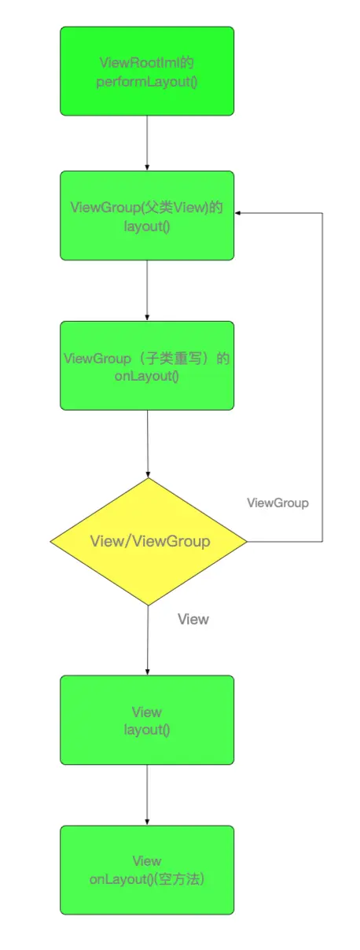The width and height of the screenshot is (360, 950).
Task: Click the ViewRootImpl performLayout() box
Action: point(147,72)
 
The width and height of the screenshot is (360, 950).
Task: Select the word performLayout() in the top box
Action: point(147,82)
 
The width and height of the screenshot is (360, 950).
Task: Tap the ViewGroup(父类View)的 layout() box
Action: point(147,215)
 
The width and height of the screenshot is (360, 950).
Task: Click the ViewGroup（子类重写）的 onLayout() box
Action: point(147,366)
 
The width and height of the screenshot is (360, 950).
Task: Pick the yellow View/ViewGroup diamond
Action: point(149,542)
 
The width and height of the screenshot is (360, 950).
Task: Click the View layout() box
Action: point(147,720)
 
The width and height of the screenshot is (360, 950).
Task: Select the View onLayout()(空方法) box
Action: point(147,870)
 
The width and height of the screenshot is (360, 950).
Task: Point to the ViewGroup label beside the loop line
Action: point(277,503)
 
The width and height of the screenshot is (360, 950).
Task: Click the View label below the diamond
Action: point(193,619)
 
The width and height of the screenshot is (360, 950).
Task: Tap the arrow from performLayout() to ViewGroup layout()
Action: point(147,143)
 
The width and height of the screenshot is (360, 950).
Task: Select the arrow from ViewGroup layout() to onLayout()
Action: point(147,290)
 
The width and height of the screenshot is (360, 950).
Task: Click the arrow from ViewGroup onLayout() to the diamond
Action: point(148,444)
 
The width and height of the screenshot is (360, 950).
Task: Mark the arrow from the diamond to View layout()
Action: point(148,640)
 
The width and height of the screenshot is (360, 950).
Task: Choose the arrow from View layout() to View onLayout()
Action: point(147,795)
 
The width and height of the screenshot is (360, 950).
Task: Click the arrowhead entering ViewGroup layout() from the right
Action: point(237,213)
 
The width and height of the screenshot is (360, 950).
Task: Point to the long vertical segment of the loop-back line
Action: point(322,377)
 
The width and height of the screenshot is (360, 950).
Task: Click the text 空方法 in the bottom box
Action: point(180,879)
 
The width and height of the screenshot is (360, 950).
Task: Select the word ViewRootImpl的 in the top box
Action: point(147,63)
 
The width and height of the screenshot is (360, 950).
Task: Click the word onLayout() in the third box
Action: point(147,376)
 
